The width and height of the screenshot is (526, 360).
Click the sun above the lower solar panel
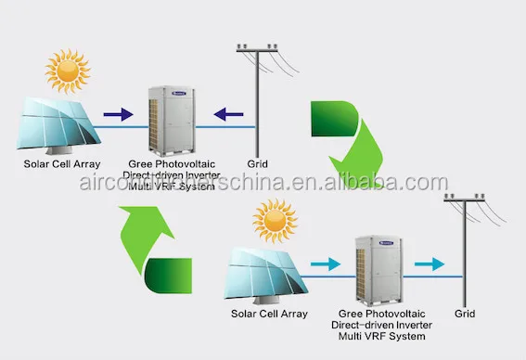[275, 223]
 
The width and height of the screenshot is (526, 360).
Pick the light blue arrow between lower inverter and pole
[428, 264]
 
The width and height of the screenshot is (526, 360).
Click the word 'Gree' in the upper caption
[140, 165]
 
